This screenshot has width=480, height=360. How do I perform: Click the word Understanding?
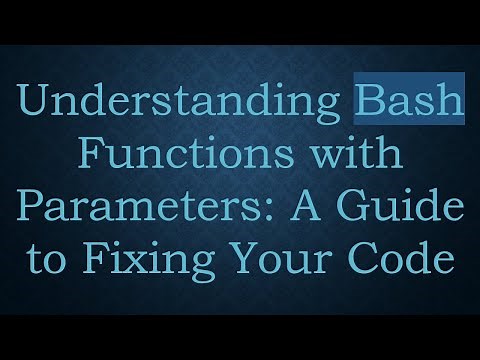[x=181, y=105]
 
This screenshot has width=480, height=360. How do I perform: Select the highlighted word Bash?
[x=410, y=105]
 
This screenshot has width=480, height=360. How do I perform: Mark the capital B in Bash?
[x=369, y=104]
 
